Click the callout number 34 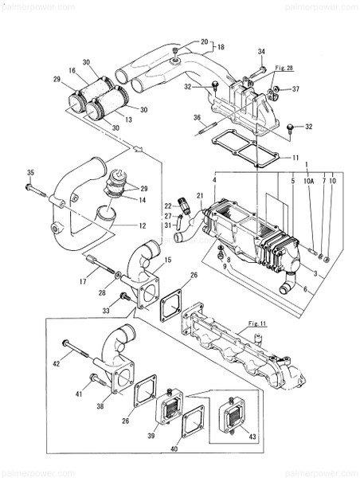point(260,52)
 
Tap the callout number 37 point(295,88)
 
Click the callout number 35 point(29,173)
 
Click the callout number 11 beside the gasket point(295,158)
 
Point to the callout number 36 point(197,118)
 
